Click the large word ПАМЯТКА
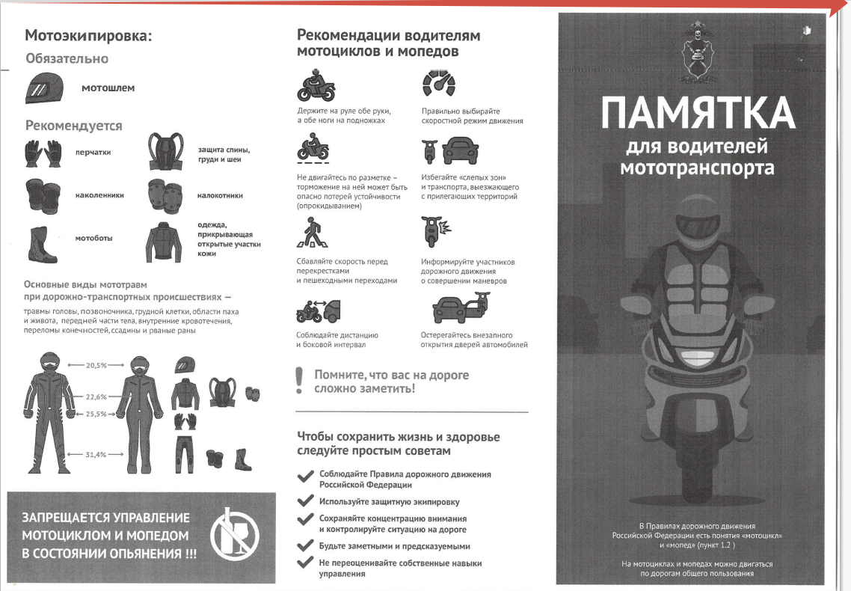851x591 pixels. (x=698, y=113)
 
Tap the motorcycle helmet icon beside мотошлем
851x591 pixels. (x=45, y=88)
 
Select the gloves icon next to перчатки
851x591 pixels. (x=43, y=153)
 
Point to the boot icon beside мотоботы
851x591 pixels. (x=42, y=245)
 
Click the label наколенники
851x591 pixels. (x=99, y=195)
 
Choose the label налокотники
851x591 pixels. (x=220, y=195)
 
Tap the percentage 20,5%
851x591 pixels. (x=96, y=365)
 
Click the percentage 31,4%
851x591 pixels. (x=96, y=454)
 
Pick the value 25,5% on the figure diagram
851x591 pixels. (x=96, y=414)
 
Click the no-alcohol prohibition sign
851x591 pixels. (x=235, y=535)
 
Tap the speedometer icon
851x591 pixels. (x=438, y=83)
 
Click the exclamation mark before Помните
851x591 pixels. (x=298, y=380)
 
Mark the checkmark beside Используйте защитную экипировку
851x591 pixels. (x=306, y=500)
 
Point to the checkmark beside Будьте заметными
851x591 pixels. (x=306, y=545)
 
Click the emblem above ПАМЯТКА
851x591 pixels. (x=698, y=52)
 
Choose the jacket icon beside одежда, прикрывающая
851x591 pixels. (x=163, y=242)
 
